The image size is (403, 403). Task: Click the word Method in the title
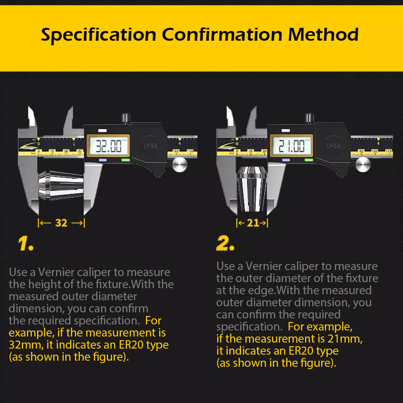(x=323, y=35)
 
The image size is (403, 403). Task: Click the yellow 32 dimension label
(x=61, y=223)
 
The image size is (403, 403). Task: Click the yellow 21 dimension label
(x=253, y=223)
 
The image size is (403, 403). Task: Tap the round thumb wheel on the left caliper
(x=180, y=165)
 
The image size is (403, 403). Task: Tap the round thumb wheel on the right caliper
(x=363, y=165)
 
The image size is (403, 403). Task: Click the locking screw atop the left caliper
(x=126, y=118)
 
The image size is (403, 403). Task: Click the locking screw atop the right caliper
(x=309, y=118)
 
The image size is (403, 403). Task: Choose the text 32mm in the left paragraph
(x=20, y=345)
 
